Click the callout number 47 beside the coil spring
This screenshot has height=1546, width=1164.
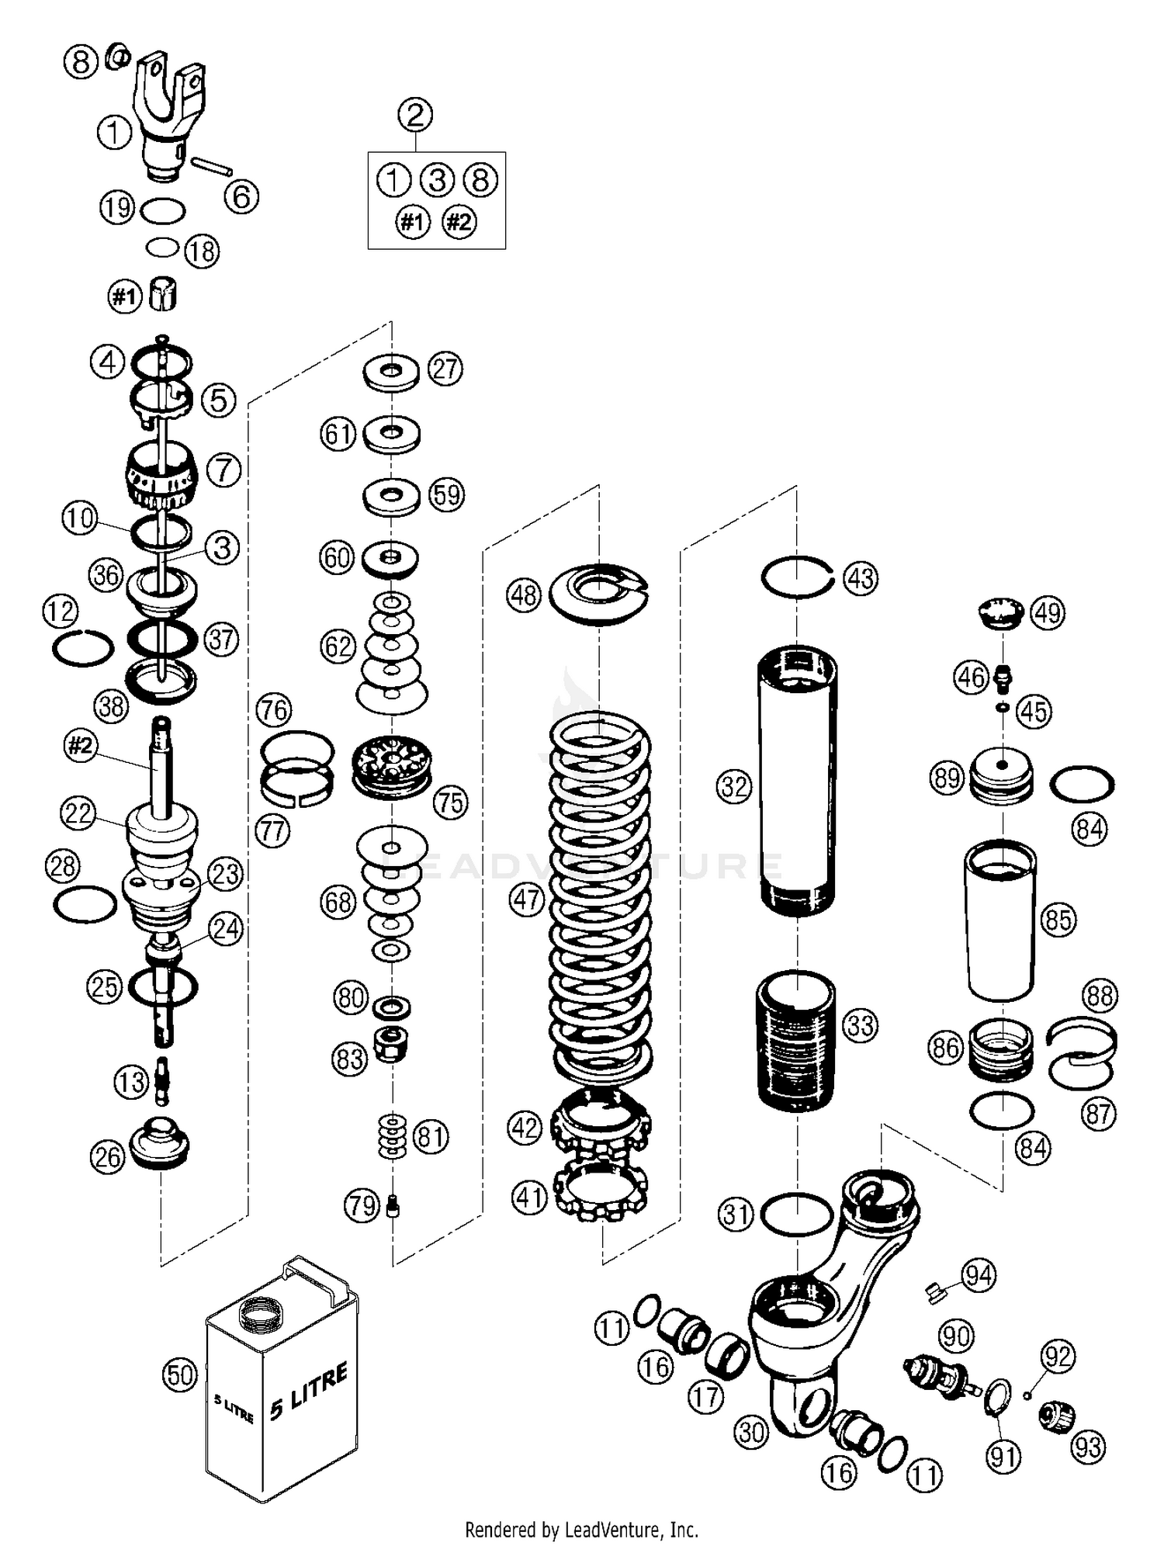[527, 900]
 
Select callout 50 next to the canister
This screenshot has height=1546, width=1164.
[180, 1375]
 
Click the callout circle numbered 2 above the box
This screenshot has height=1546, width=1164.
[415, 116]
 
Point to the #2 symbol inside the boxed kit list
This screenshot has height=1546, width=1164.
[459, 223]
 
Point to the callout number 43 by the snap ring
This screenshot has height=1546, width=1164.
[861, 579]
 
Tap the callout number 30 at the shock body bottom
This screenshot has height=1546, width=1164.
[751, 1432]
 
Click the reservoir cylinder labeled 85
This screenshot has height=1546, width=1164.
[1000, 920]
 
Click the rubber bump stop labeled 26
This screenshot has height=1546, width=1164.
[161, 1142]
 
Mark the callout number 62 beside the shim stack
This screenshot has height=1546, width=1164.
[338, 646]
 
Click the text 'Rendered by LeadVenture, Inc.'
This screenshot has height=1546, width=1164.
[581, 1530]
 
